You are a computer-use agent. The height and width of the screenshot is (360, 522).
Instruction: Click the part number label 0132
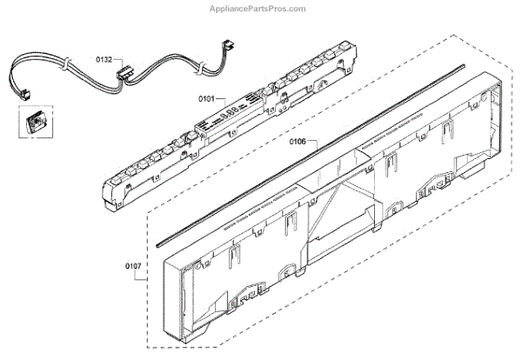[104, 59]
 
